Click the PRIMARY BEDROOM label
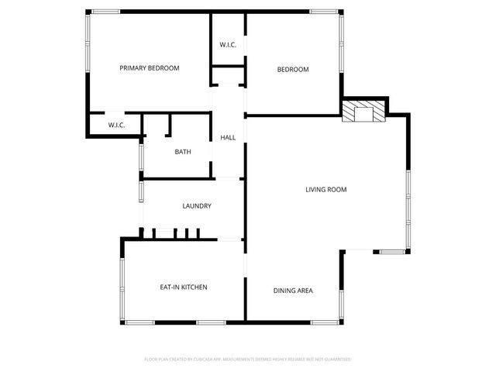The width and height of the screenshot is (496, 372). [x=149, y=68]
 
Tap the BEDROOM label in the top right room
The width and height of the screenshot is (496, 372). [x=293, y=70]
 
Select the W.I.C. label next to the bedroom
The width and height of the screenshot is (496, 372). [x=228, y=45]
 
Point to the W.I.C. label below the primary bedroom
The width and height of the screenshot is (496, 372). [x=116, y=125]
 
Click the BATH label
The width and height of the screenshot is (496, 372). [x=183, y=152]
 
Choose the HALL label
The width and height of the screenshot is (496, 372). [x=228, y=137]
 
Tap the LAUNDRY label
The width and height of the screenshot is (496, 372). [x=197, y=206]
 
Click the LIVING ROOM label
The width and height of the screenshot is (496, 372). [x=325, y=189]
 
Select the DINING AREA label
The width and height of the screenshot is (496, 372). [x=293, y=291]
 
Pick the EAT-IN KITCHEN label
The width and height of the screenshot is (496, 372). [x=183, y=288]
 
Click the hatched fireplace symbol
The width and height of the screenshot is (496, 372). [x=363, y=112]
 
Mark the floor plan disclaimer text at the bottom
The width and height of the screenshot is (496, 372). [x=248, y=360]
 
